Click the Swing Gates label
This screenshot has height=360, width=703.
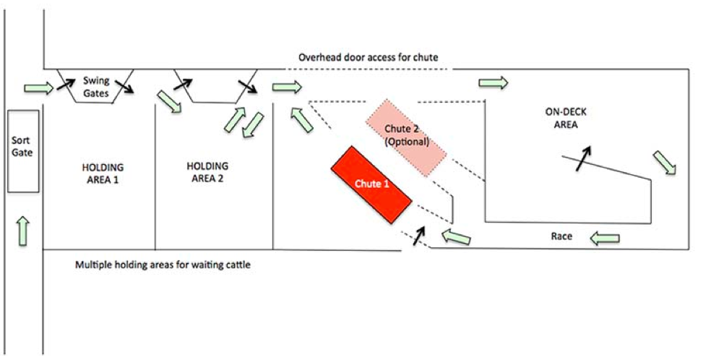95,87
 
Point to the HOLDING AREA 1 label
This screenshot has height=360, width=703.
100,173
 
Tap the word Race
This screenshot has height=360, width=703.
562,236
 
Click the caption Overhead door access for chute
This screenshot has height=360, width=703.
368,57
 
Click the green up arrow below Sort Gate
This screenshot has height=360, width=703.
24,230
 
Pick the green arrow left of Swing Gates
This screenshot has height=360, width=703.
38,88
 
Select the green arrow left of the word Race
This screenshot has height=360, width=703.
457,235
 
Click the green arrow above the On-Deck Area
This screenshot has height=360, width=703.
493,83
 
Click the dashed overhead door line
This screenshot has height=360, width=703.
368,69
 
